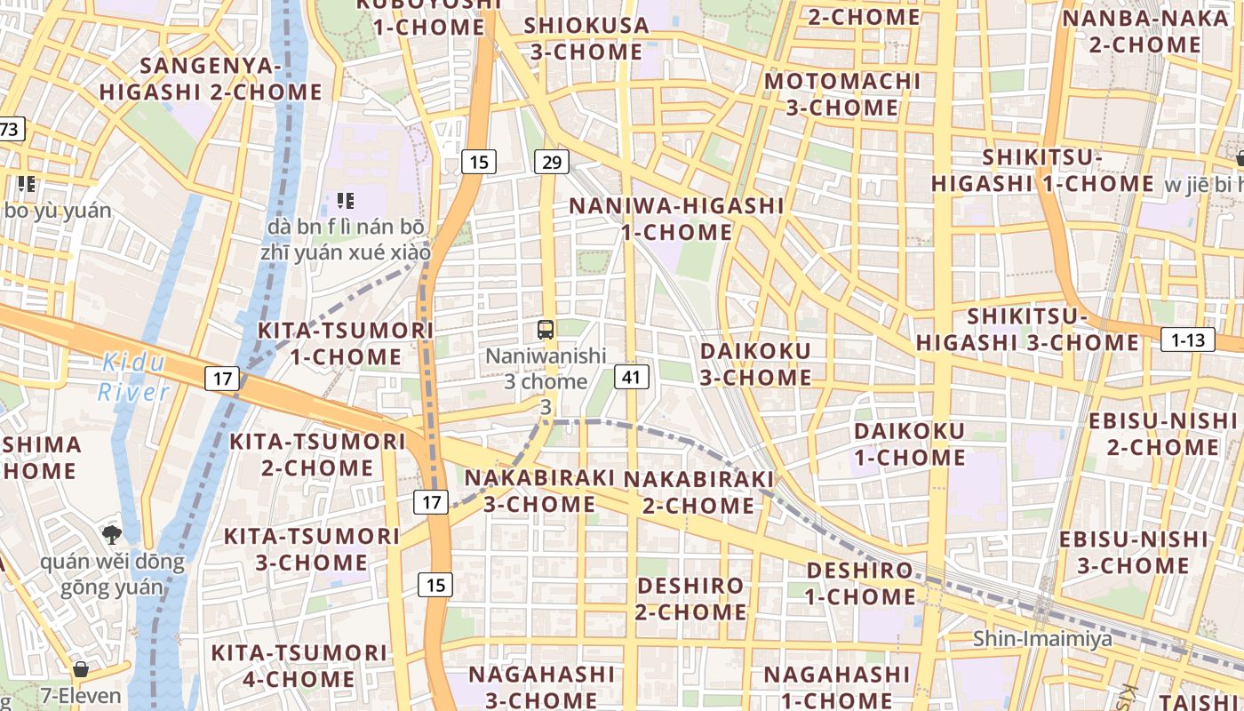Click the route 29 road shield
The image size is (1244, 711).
552,162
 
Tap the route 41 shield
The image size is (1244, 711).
631,377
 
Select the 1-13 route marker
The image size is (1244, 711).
1188,340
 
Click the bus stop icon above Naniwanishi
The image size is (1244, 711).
546,330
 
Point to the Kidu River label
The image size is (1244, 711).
133,377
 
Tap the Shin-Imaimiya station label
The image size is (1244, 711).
1042,638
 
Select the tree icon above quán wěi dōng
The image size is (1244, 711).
112,534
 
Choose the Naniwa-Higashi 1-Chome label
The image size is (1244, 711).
676,219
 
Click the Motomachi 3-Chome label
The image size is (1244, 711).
842,94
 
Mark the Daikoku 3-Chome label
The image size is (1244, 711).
755,363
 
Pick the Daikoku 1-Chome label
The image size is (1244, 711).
909,443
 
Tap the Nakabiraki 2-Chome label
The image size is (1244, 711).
698,491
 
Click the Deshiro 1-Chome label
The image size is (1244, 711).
860,583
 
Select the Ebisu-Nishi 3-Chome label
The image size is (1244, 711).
1133,552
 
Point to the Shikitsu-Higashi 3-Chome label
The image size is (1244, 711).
1027,329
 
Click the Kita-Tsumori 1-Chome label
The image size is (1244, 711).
346,343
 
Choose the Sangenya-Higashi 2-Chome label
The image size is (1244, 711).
211,78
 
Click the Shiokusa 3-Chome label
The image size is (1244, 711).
586,38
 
